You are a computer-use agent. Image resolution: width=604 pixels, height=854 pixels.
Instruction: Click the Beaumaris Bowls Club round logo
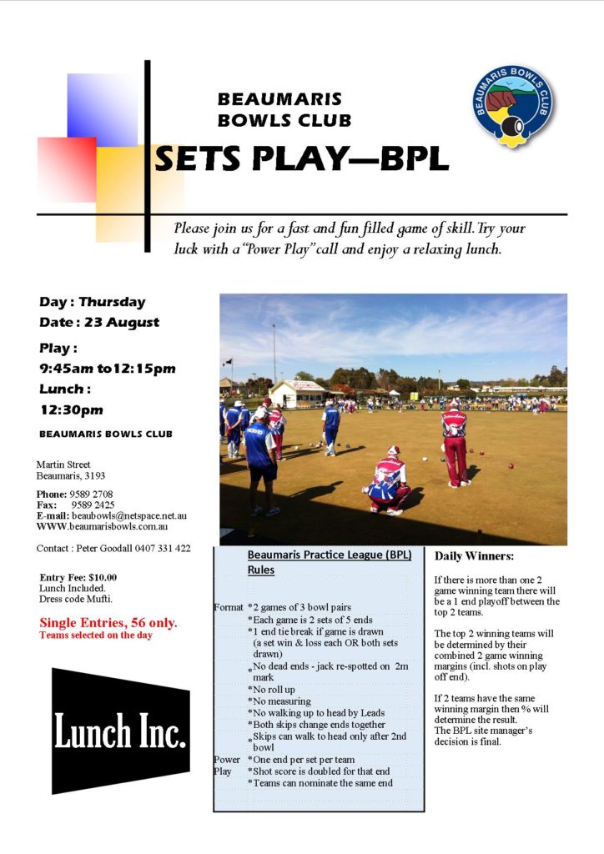512,106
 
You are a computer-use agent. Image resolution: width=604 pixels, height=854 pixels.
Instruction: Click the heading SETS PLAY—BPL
302,159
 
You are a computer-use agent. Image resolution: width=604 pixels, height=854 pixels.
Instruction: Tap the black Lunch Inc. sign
121,731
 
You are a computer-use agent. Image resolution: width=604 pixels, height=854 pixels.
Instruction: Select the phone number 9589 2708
92,494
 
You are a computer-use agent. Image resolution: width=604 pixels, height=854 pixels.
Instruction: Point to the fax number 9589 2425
93,505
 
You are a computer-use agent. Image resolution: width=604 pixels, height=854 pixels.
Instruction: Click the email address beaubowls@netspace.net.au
129,515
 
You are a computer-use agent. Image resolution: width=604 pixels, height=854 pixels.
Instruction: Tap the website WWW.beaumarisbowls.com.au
102,527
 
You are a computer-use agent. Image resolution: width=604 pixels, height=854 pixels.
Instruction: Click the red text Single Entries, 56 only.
108,623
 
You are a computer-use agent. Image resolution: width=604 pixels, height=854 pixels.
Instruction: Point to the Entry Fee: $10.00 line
78,577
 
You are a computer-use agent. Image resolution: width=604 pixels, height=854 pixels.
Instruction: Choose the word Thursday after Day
112,302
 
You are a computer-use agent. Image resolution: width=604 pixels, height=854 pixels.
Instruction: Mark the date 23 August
122,323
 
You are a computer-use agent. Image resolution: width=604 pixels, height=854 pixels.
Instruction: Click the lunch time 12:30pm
72,410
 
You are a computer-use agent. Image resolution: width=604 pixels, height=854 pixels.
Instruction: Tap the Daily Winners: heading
474,556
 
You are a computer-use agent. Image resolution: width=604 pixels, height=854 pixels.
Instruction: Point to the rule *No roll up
271,690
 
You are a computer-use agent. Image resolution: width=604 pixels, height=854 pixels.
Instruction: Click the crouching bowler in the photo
388,481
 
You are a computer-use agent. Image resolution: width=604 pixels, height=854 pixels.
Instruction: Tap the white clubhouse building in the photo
298,394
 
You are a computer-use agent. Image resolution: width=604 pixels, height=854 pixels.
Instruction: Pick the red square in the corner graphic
67,169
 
